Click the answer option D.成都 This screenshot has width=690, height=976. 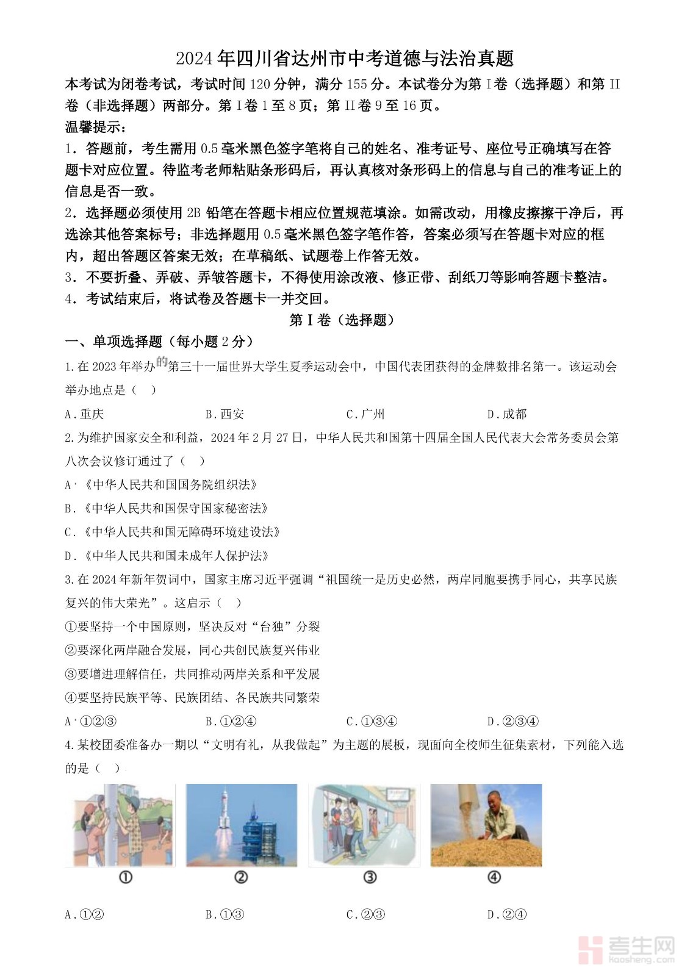click(x=506, y=414)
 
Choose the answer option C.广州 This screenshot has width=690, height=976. click(x=365, y=414)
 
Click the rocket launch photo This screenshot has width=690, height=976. click(x=242, y=825)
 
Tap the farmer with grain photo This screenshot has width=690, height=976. click(x=486, y=825)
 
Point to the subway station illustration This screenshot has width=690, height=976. click(x=364, y=825)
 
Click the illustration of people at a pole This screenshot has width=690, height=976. click(x=120, y=825)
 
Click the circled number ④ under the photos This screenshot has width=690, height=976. click(x=494, y=877)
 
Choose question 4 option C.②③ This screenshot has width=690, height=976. click(x=365, y=914)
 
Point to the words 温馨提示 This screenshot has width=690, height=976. click(x=95, y=127)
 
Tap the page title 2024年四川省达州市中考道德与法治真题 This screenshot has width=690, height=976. click(x=345, y=59)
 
